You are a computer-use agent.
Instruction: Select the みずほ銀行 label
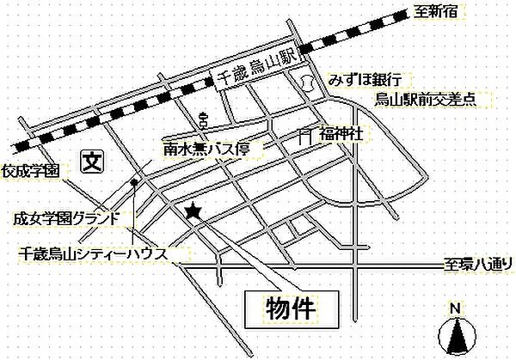[364, 81]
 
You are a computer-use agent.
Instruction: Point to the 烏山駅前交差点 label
[425, 101]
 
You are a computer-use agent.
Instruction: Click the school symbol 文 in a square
[91, 159]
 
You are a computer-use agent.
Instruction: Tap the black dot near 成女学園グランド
[133, 183]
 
